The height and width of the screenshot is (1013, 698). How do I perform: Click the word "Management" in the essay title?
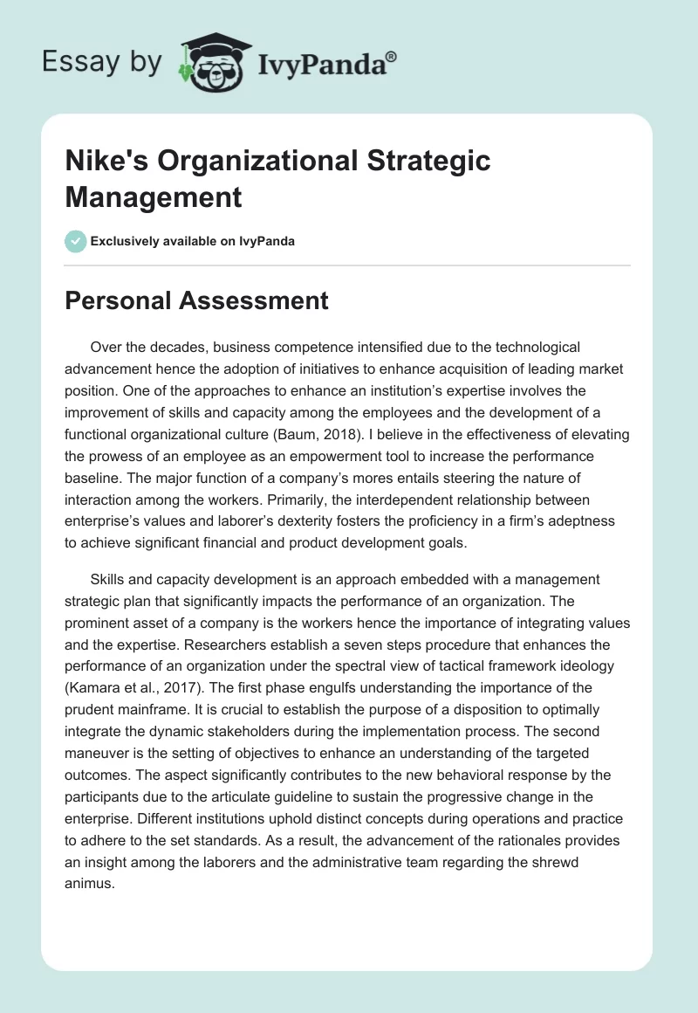click(154, 196)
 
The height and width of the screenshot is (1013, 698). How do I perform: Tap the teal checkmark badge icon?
click(76, 241)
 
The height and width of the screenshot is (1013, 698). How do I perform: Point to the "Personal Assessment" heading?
click(197, 301)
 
